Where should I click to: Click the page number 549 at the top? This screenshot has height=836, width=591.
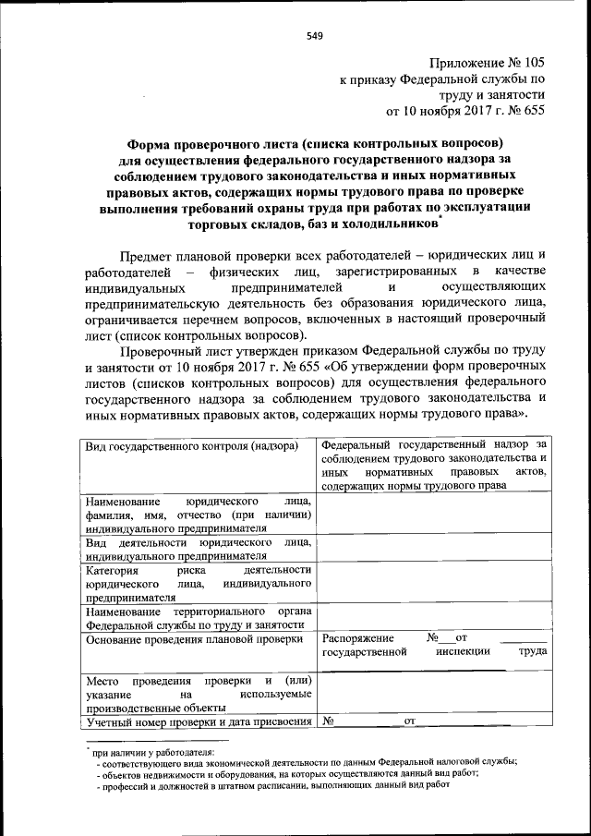[x=314, y=36]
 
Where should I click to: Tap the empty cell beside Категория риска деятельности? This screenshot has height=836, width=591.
[x=433, y=584]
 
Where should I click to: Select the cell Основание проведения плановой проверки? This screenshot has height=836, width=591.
[x=194, y=638]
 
